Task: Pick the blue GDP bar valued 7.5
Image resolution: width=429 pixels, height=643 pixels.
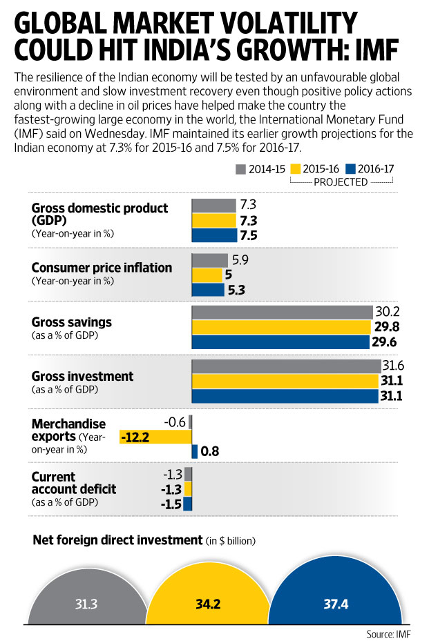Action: [213, 235]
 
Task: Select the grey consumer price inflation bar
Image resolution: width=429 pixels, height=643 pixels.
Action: [209, 260]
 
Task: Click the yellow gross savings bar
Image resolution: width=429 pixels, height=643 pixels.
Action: [281, 326]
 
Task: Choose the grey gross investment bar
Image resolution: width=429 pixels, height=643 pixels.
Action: [286, 366]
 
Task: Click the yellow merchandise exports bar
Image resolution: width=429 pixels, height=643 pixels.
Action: [155, 437]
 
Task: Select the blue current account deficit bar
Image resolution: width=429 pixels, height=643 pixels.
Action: [188, 504]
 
